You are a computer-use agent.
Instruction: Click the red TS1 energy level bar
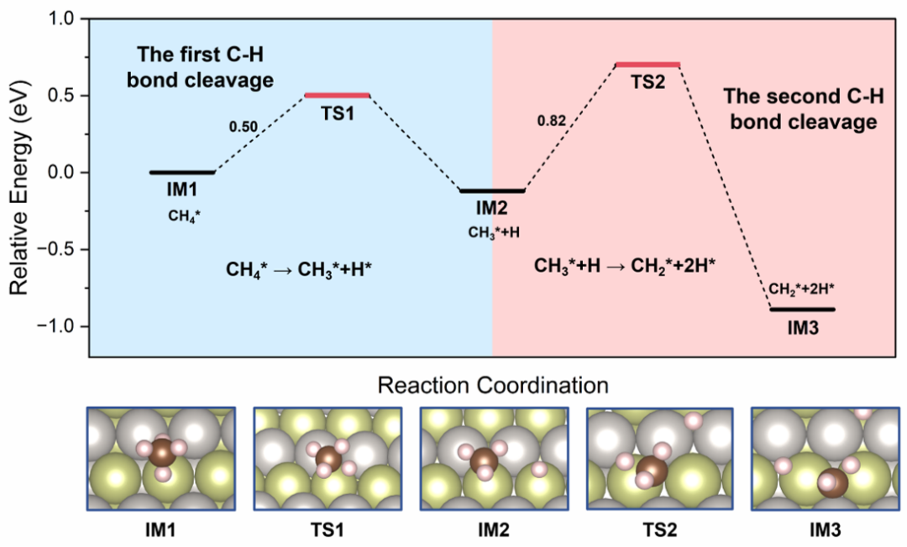(x=337, y=96)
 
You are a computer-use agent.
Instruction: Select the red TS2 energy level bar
(x=647, y=65)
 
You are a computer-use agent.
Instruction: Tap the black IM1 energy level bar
(x=182, y=172)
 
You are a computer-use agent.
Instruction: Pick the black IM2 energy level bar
(x=492, y=191)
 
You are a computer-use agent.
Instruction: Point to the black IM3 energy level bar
(x=802, y=310)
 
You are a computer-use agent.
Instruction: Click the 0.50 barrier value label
(x=243, y=128)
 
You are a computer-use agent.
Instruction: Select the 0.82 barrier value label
(x=553, y=120)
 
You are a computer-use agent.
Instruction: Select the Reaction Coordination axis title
(x=492, y=386)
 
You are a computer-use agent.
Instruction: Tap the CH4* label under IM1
(x=185, y=216)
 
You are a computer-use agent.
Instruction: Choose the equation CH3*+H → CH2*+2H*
(x=631, y=266)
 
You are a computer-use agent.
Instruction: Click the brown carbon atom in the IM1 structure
(x=160, y=457)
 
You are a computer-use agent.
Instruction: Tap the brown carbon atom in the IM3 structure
(x=832, y=484)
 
